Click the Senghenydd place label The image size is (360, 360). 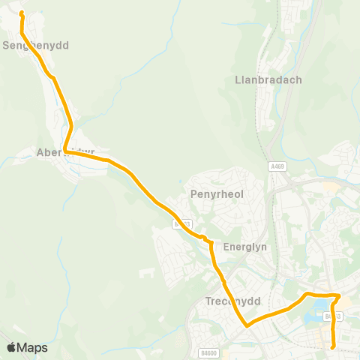click(36, 46)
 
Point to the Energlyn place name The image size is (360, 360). click(239, 247)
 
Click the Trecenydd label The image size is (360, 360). click(232, 301)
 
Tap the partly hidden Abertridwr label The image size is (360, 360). click(66, 152)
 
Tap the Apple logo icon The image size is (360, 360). click(11, 347)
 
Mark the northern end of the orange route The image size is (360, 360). click(21, 13)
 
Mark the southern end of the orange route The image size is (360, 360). click(333, 347)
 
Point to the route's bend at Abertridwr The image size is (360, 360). click(66, 151)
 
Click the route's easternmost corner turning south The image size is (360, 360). click(339, 295)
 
